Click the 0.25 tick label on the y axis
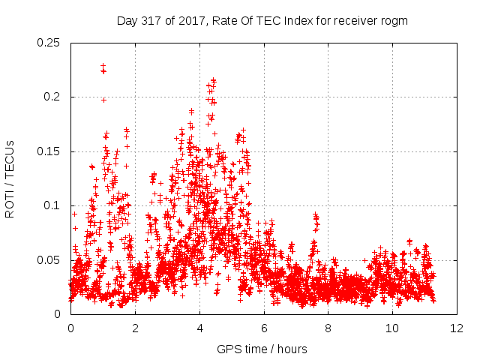pyautogui.click(x=48, y=43)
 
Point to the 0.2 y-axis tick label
pyautogui.click(x=52, y=97)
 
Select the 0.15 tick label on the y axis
pyautogui.click(x=48, y=151)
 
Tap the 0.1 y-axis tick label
pyautogui.click(x=52, y=205)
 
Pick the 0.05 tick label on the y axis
pyautogui.click(x=48, y=260)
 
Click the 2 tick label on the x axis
pyautogui.click(x=135, y=328)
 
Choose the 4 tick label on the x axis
pyautogui.click(x=199, y=328)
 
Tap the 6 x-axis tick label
pyautogui.click(x=264, y=328)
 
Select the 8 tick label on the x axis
pyautogui.click(x=328, y=328)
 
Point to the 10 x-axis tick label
pyautogui.click(x=392, y=328)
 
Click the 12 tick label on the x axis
pyautogui.click(x=457, y=328)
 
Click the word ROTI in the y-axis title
pyautogui.click(x=10, y=205)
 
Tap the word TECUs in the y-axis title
pyautogui.click(x=10, y=158)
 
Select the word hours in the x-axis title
pyautogui.click(x=292, y=349)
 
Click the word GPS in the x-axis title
pyautogui.click(x=226, y=349)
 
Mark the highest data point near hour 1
pyautogui.click(x=103, y=66)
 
